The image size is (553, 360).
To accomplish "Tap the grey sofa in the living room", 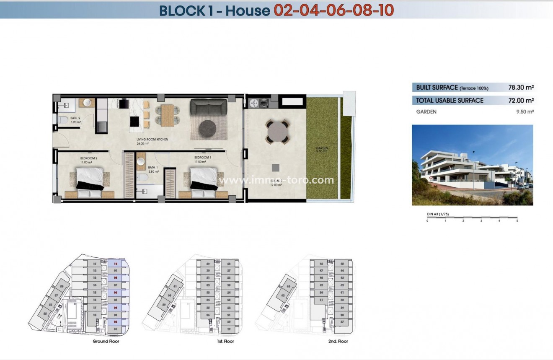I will pos(209,106).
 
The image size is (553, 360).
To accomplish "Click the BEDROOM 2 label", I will pos(88,158).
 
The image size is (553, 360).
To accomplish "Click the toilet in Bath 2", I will pos(63,121).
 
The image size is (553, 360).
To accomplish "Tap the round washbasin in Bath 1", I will pos(141,161).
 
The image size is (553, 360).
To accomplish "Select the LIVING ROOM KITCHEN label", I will pos(152,139).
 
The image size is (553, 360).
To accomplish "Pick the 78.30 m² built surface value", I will pos(521,88).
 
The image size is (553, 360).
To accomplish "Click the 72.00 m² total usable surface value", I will pos(521,101).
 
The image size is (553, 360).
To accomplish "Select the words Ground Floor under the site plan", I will pos(106,342).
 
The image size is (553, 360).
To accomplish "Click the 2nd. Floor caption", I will pos(338,342).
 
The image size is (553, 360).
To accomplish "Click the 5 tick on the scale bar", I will pos(517,220).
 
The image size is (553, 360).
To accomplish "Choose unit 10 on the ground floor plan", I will pos(115,264).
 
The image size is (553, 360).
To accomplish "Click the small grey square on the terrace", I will pos(275,168).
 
